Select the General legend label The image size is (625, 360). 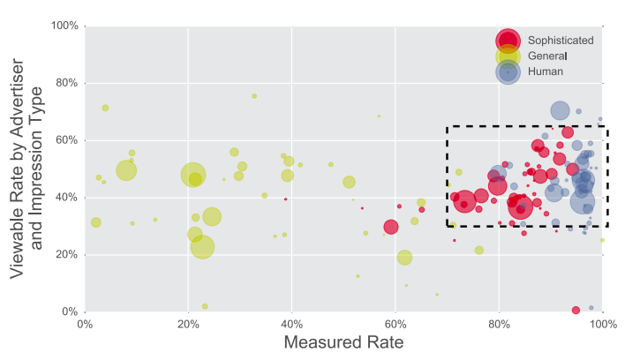coord(548,56)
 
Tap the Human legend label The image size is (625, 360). coord(546,71)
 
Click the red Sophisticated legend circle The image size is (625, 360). coord(508,41)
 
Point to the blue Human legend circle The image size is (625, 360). coord(508,72)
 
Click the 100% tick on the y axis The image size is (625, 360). coord(64,26)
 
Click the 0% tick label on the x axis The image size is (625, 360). coord(84,325)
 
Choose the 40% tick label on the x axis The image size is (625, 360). coord(291,325)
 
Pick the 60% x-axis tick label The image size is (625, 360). coord(395,325)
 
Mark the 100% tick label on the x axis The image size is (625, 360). coord(602,325)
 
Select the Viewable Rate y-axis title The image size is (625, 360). coord(27,168)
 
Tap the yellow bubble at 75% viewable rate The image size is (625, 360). coord(254,96)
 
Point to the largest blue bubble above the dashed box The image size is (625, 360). coord(560,110)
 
